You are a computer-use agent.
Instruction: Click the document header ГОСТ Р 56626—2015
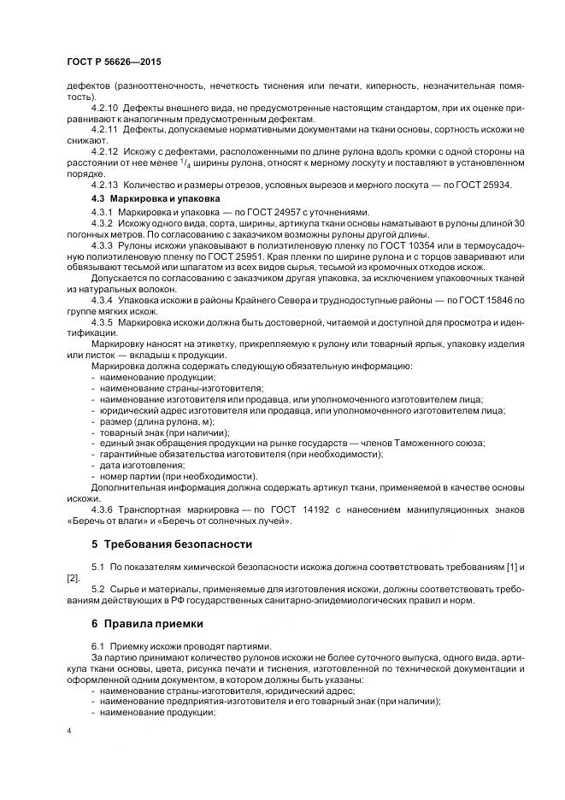tap(113, 62)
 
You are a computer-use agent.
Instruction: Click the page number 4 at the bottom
tap(69, 732)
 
